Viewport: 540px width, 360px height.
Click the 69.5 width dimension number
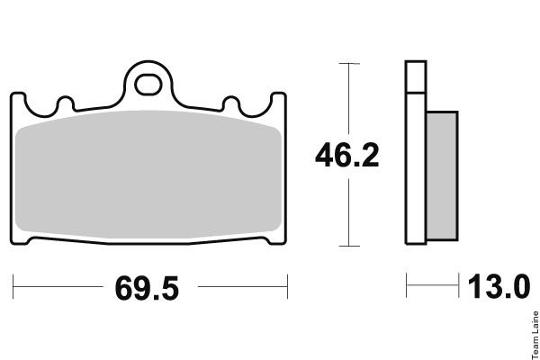click(147, 288)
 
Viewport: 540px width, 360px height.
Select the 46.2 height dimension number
click(347, 156)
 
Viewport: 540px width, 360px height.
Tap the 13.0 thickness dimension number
click(499, 286)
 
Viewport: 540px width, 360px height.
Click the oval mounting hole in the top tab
click(148, 85)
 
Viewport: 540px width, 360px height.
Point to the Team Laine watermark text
click(535, 335)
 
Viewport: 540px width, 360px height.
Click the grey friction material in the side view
click(442, 175)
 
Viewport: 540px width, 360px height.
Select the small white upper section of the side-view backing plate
click(416, 76)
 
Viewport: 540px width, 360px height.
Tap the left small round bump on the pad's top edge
click(66, 103)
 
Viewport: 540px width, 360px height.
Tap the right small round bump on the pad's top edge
click(230, 103)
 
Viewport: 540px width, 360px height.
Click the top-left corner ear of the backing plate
click(18, 96)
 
